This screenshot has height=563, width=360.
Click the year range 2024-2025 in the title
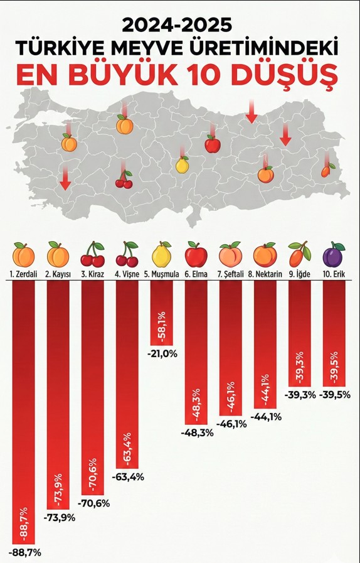(177, 24)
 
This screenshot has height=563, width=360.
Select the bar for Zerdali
(24, 411)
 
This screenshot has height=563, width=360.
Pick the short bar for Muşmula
(161, 313)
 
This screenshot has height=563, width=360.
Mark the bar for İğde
(299, 333)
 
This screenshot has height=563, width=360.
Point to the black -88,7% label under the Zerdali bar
(24, 552)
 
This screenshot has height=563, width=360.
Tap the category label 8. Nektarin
(265, 274)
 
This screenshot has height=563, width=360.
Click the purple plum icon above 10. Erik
(333, 255)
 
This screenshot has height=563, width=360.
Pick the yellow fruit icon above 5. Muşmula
(162, 255)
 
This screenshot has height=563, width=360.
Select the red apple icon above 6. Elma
(196, 255)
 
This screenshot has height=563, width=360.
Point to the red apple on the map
(213, 144)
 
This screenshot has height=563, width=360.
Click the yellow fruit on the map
(182, 165)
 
